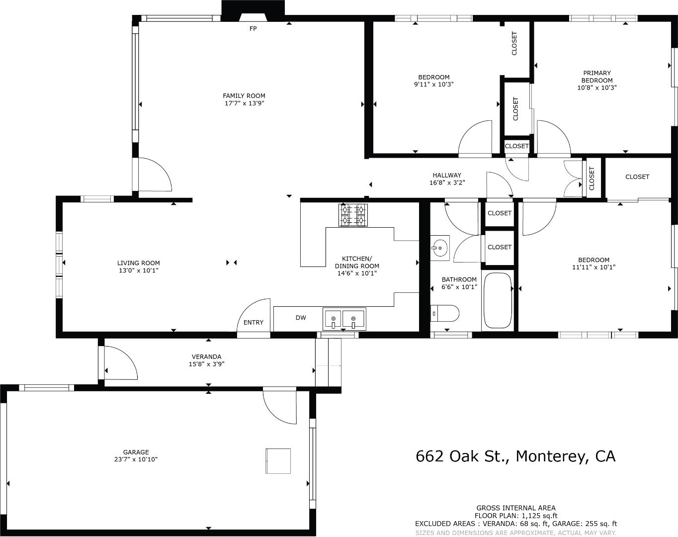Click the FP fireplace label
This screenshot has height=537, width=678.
253,29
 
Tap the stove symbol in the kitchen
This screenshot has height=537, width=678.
353,215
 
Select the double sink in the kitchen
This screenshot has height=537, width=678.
343,319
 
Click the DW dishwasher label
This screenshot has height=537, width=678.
301,318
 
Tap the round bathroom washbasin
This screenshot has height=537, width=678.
440,247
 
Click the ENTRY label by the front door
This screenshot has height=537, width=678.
254,323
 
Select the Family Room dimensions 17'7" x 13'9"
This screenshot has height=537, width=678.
244,103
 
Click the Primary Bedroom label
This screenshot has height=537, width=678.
597,77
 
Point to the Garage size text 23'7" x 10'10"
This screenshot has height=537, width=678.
136,459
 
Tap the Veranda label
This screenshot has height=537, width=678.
207,357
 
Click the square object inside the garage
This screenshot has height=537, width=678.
278,461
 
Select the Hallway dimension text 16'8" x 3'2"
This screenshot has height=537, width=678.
447,182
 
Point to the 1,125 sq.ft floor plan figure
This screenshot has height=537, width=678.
539,516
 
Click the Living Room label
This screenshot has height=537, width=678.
139,263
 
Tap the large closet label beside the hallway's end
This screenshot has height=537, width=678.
637,177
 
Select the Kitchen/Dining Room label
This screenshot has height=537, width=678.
357,262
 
